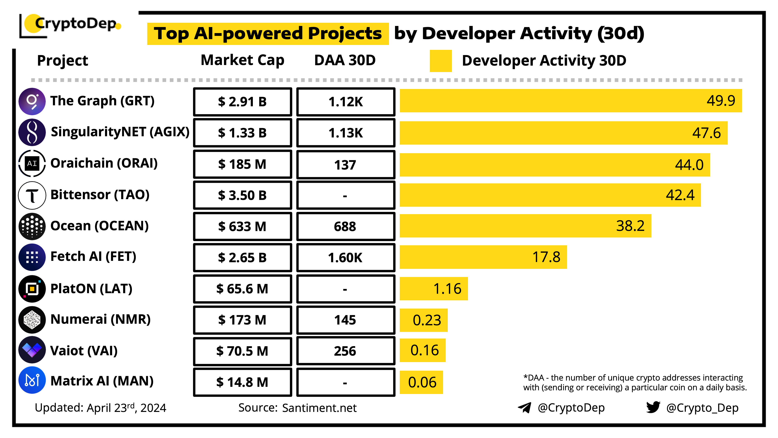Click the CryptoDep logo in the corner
[x=71, y=25]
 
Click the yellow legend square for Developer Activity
[x=441, y=61]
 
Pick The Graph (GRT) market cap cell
[x=243, y=102]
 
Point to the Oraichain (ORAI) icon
[x=32, y=164]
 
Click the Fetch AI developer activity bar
[x=483, y=257]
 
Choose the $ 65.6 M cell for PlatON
[x=243, y=289]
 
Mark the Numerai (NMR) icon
[x=32, y=319]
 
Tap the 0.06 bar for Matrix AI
[x=422, y=382]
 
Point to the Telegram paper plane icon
[x=525, y=408]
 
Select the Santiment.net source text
[x=319, y=408]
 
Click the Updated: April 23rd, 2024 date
[x=101, y=408]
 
